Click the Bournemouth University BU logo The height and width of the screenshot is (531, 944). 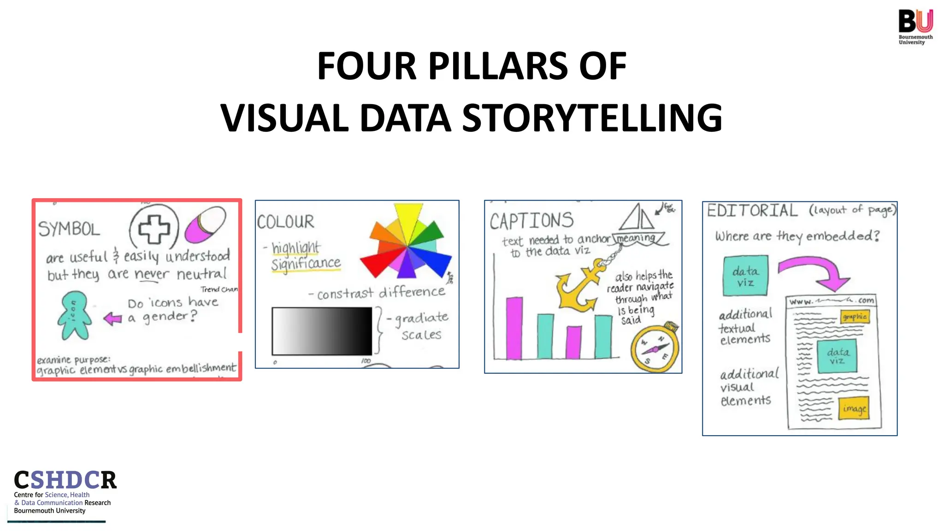click(x=915, y=26)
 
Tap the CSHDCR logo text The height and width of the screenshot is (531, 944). click(x=65, y=480)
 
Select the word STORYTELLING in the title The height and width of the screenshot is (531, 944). click(x=592, y=118)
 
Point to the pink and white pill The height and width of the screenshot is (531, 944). click(x=205, y=224)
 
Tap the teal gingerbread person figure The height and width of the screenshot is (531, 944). click(x=74, y=316)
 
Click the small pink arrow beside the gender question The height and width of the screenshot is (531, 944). click(x=112, y=318)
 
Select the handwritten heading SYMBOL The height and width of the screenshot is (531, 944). click(x=69, y=229)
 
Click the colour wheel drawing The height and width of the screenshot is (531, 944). click(x=406, y=244)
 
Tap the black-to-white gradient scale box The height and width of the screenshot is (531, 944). click(x=322, y=331)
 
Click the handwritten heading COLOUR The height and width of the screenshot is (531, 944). click(x=286, y=222)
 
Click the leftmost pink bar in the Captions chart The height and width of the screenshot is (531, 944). click(x=514, y=328)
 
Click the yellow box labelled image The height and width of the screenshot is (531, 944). click(x=854, y=408)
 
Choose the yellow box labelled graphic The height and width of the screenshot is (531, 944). click(x=855, y=317)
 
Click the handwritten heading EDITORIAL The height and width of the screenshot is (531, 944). click(x=752, y=211)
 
